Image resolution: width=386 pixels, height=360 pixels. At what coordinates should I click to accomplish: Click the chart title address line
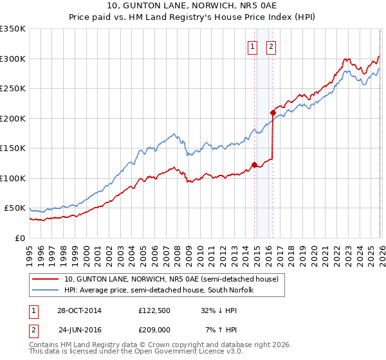coord(193,6)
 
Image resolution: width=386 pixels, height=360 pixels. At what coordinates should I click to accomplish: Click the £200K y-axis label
coord(13,118)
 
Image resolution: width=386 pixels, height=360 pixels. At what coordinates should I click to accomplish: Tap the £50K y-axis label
coord(15,208)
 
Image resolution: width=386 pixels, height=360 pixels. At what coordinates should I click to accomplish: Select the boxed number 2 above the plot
coord(271,46)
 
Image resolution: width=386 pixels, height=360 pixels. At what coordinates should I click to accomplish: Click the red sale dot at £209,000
coord(273,113)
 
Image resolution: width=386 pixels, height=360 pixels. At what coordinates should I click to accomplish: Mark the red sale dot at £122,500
coord(255,165)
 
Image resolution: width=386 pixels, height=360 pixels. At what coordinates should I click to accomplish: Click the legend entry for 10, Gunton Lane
coord(171,279)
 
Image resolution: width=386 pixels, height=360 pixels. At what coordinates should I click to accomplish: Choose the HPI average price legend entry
coord(159,290)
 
